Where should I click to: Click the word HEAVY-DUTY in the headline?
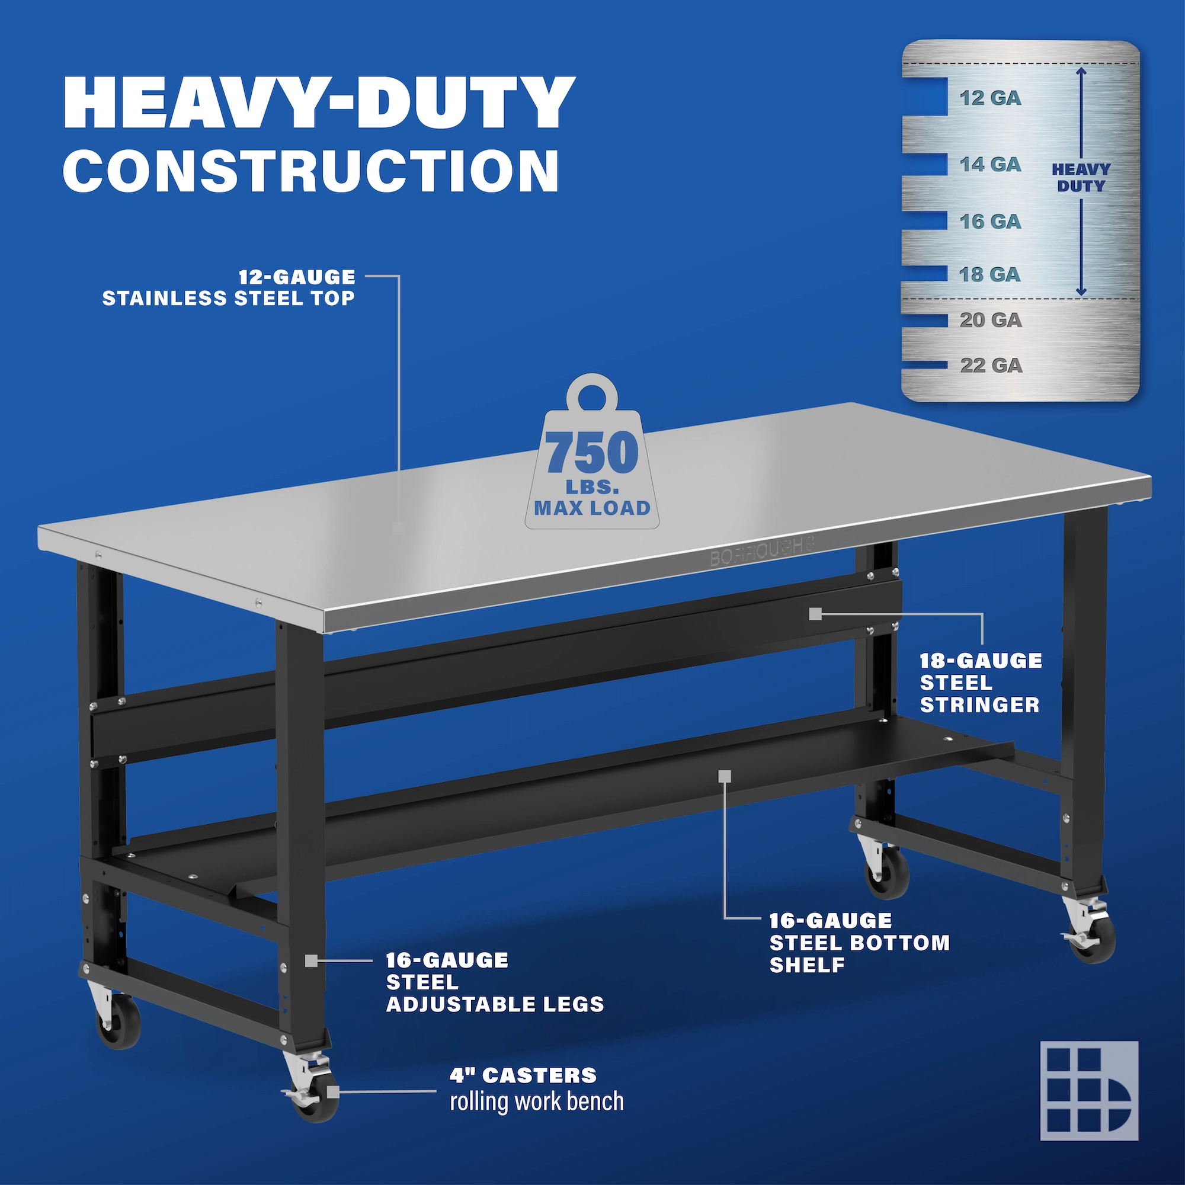[319, 103]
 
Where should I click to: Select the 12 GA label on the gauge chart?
[991, 98]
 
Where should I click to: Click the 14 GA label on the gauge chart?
[991, 164]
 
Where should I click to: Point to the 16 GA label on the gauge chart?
[991, 222]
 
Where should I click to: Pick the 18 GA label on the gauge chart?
[991, 274]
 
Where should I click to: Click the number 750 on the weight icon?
[592, 453]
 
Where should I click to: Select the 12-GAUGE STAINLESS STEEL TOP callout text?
[229, 288]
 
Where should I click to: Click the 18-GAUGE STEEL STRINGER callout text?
[981, 683]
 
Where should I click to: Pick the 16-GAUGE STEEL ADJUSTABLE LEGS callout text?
[495, 982]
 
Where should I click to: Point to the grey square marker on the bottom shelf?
[725, 777]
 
